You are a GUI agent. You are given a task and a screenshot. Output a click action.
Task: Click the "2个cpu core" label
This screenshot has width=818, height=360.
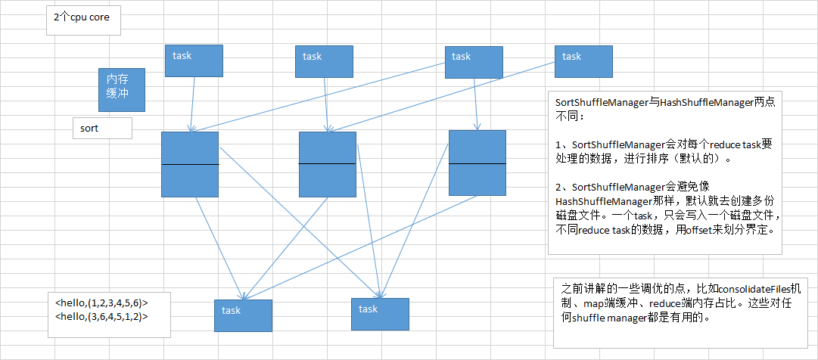point(82,17)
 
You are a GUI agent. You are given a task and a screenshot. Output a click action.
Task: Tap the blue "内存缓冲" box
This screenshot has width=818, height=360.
point(122,90)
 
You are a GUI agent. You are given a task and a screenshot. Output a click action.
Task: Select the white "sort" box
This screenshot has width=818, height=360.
point(102,128)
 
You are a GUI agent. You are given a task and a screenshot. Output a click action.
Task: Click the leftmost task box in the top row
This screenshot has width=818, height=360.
point(194,61)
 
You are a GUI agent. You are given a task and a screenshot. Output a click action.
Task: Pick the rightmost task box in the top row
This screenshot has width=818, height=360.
point(583,61)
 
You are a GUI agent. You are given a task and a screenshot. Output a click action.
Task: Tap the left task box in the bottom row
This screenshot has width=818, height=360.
point(243,315)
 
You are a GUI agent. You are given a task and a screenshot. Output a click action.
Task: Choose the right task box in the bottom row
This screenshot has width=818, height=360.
point(380,314)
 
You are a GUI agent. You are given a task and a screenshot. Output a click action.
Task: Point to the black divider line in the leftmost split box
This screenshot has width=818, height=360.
point(190,164)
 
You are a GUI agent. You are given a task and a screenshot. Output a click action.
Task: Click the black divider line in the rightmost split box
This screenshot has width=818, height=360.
point(477,163)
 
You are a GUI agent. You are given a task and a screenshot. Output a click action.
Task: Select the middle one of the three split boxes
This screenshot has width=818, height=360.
point(328,164)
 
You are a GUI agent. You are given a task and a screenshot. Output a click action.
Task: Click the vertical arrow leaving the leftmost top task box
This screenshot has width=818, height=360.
point(192,104)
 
